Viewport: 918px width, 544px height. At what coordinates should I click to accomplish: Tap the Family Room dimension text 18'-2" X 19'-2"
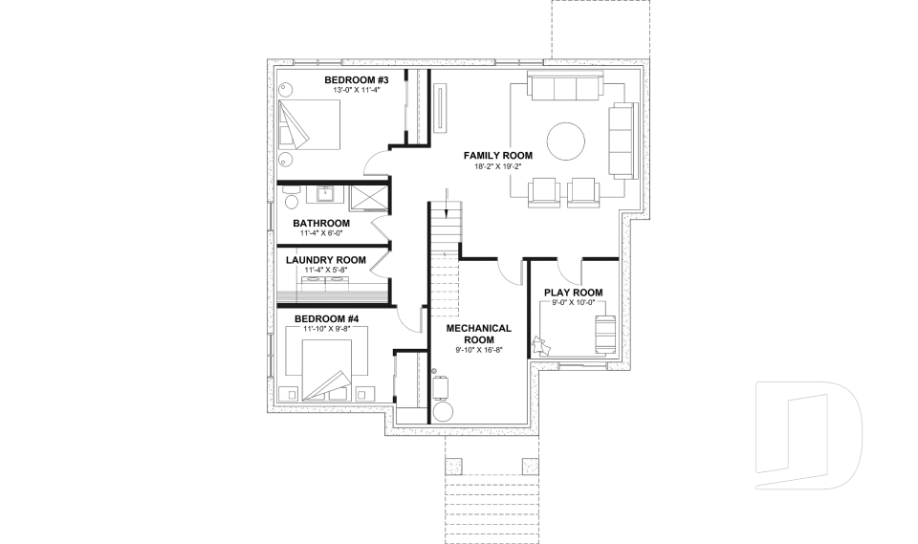[x=498, y=166]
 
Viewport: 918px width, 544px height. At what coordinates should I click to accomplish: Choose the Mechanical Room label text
[x=479, y=334]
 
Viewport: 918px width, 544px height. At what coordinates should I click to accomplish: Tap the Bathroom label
[x=321, y=223]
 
